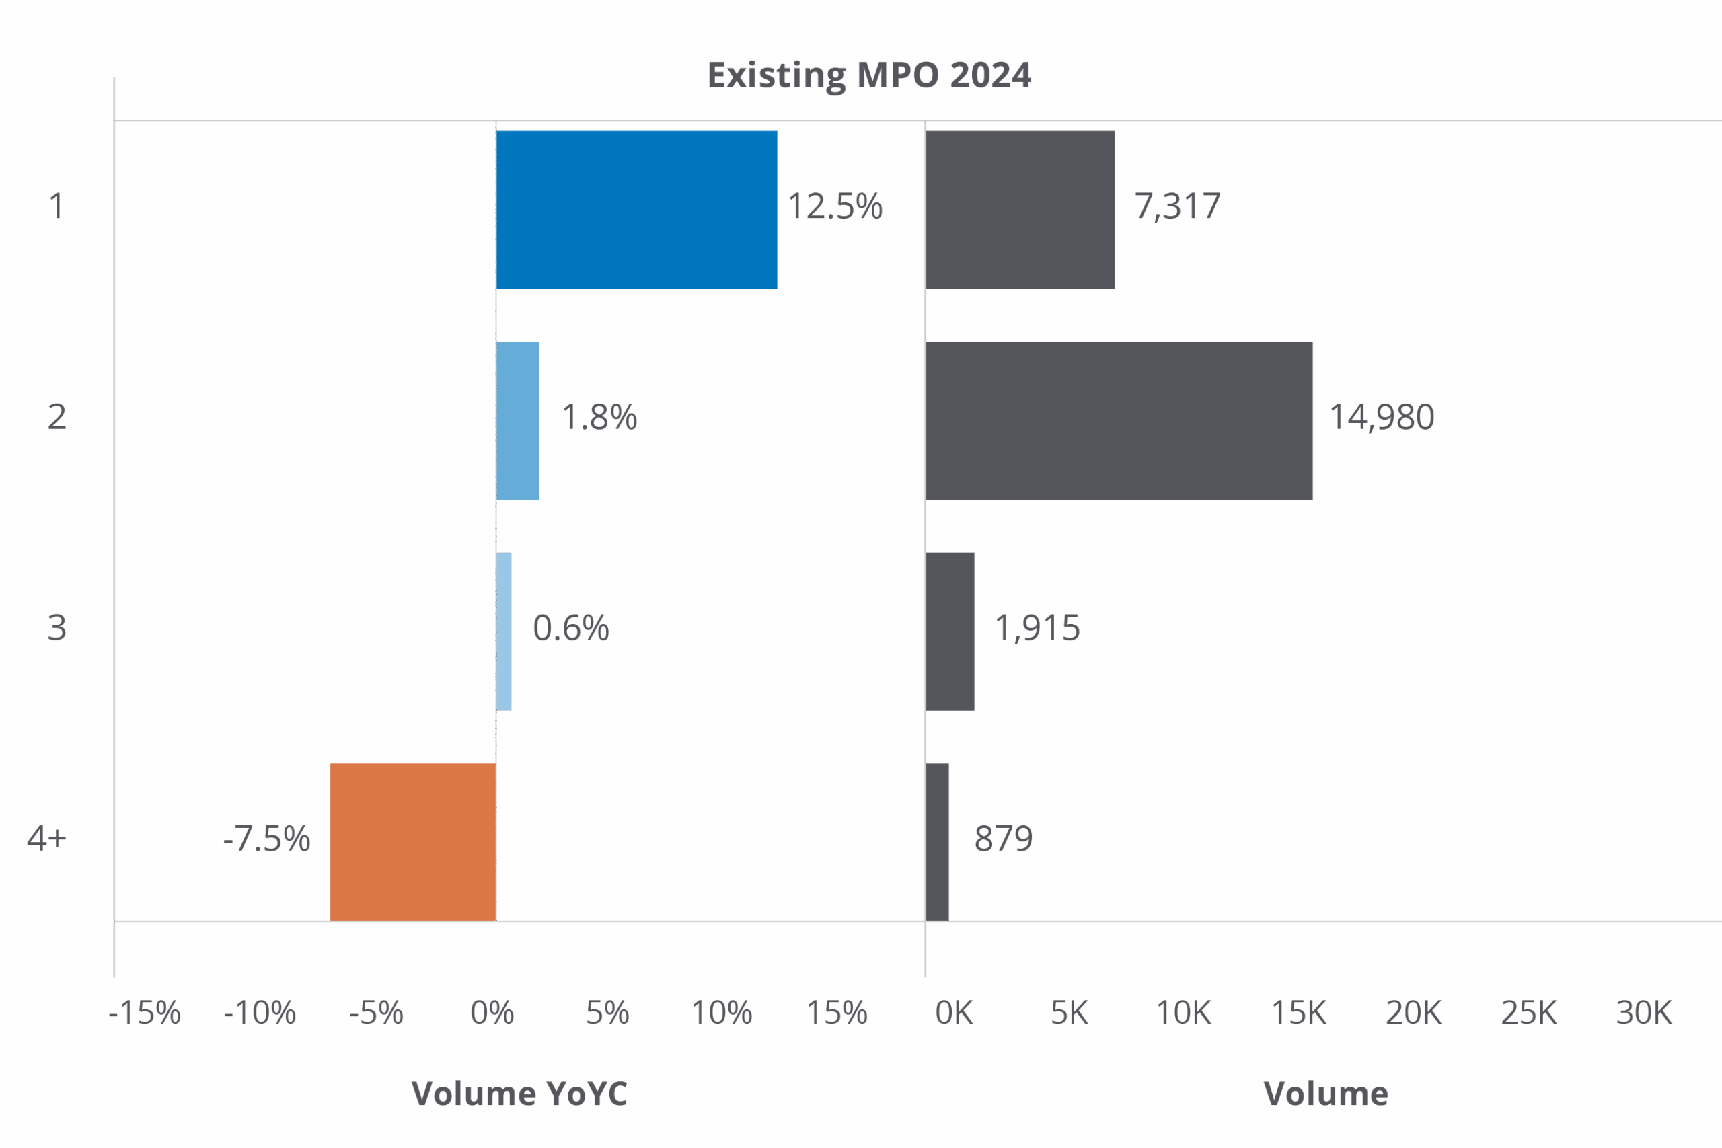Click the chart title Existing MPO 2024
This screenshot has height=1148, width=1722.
pyautogui.click(x=869, y=75)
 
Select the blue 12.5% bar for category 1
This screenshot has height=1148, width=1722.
pyautogui.click(x=636, y=210)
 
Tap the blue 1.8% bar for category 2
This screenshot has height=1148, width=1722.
pyautogui.click(x=519, y=421)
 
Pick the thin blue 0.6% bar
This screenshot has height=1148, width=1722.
pyautogui.click(x=504, y=631)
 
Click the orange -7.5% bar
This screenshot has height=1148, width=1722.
pyautogui.click(x=413, y=842)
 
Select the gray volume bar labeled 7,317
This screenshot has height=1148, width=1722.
pyautogui.click(x=1020, y=210)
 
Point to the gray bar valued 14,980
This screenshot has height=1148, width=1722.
pyautogui.click(x=1119, y=421)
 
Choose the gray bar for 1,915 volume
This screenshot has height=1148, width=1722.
pyautogui.click(x=950, y=631)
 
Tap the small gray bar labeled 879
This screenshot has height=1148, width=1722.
pyautogui.click(x=938, y=842)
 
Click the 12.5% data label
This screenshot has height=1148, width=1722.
pyautogui.click(x=835, y=207)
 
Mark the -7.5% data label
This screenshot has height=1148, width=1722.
pyautogui.click(x=267, y=839)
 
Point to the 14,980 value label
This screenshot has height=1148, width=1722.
pyautogui.click(x=1382, y=418)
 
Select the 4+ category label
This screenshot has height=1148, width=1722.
pyautogui.click(x=47, y=839)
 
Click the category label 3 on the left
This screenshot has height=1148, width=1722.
pyautogui.click(x=57, y=628)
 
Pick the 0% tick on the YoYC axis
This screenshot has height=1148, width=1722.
pyautogui.click(x=492, y=1013)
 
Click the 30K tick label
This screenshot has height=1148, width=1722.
pyautogui.click(x=1645, y=1013)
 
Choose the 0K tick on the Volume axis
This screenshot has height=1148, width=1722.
pyautogui.click(x=954, y=1013)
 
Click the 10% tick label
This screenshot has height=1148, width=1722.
pyautogui.click(x=722, y=1013)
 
